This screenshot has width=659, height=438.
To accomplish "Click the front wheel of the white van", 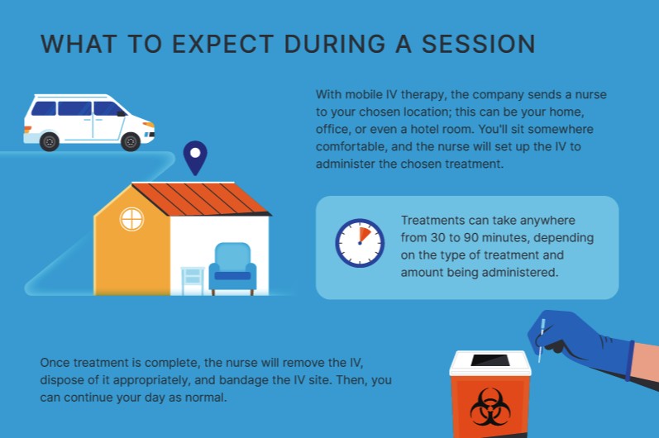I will pyautogui.click(x=131, y=141).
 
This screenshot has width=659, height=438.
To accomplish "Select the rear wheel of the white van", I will pyautogui.click(x=50, y=141).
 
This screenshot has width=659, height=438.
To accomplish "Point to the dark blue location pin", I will pyautogui.click(x=195, y=155).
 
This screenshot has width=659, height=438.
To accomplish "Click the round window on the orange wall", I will pyautogui.click(x=131, y=219).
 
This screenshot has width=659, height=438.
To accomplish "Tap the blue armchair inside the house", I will pyautogui.click(x=232, y=268).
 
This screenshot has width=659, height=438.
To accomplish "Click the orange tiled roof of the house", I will pyautogui.click(x=203, y=198).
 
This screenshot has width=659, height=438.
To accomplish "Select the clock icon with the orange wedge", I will pyautogui.click(x=360, y=242).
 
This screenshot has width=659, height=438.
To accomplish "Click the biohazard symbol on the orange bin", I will pyautogui.click(x=490, y=407).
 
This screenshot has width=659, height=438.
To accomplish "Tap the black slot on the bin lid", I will pyautogui.click(x=490, y=361).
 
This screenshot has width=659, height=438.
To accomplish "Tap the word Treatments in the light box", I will pyautogui.click(x=436, y=221).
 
